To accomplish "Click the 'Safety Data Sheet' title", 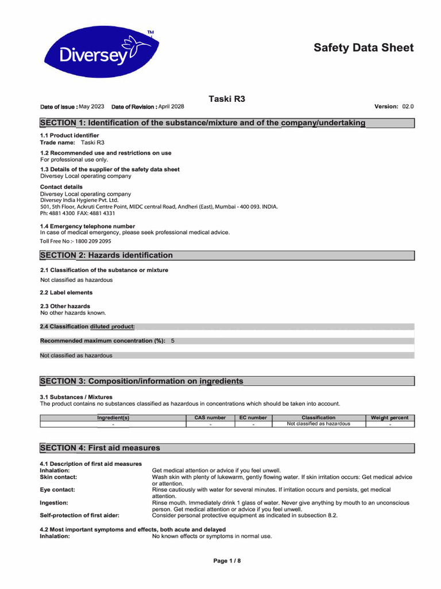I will (363, 48).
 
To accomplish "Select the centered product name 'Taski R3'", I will (227, 99).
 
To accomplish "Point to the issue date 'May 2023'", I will (91, 107).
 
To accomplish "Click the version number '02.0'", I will (408, 107).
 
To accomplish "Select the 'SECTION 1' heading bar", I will (227, 123).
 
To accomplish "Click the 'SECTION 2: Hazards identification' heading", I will (106, 255).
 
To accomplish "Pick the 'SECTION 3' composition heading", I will (141, 381).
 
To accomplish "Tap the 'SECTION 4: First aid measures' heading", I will (100, 448).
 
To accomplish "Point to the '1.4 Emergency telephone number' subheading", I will (87, 227).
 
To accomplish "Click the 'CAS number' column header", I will (210, 418).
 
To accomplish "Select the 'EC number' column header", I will (253, 418).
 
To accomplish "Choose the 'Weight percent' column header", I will (390, 418).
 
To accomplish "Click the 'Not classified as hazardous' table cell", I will (318, 424).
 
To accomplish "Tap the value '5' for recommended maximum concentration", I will (173, 341).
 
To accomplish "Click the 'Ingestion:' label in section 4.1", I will (54, 503).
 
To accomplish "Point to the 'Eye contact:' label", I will (57, 490).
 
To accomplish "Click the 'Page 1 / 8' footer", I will (227, 561).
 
